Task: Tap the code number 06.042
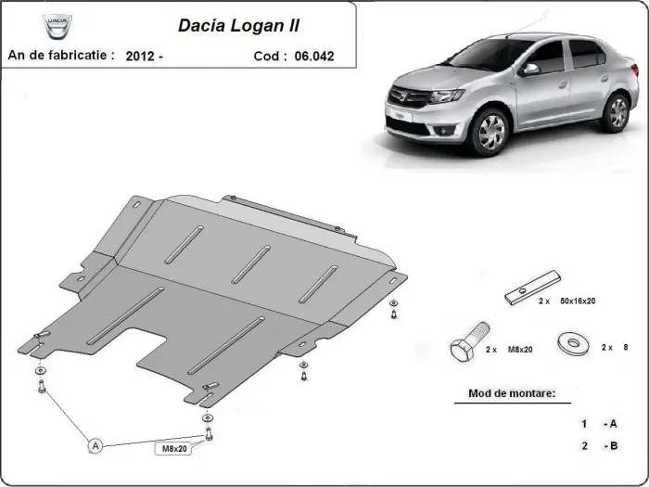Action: coord(313,57)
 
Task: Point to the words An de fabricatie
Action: coord(61,56)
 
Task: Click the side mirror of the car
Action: coord(530,69)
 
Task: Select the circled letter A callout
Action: coord(95,446)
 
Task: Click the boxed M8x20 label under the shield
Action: coord(173,449)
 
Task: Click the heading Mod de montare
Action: coord(505,393)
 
